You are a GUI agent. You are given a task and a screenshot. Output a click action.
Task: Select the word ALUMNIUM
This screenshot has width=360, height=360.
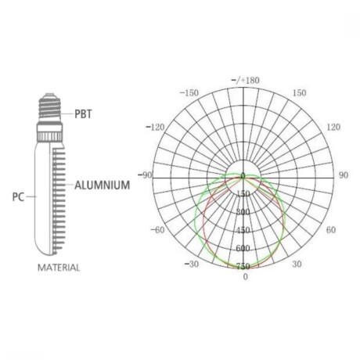[108, 186]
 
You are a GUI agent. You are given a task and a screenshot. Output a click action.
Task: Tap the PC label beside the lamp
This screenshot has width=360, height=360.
[16, 197]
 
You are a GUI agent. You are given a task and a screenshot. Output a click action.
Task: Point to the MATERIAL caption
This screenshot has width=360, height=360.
[59, 267]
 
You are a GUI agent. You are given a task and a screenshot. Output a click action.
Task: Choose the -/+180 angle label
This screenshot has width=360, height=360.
[245, 81]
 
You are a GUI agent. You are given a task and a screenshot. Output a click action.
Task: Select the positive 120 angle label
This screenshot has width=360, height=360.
[333, 127]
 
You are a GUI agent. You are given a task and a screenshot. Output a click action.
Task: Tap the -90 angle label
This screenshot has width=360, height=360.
[146, 175]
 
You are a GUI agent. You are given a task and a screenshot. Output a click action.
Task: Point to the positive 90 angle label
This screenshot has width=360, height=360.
[343, 175]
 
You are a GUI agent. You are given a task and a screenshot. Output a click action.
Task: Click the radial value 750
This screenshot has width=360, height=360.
[243, 267]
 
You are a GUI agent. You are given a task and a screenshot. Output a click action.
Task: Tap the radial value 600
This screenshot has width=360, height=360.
[243, 248]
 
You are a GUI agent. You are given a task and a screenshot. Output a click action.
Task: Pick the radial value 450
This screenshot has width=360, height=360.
[243, 230]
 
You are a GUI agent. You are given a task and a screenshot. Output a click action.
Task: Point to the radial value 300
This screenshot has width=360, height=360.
[243, 212]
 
